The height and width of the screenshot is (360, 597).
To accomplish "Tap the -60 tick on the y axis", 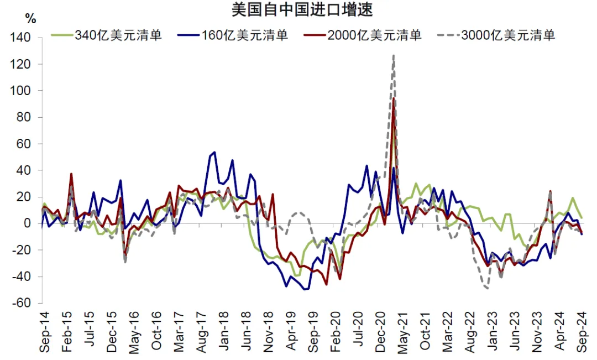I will pyautogui.click(x=25, y=304).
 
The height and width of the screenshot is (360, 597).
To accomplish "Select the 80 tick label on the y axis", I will pyautogui.click(x=28, y=118).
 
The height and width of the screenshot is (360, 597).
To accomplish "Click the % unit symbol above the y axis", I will pyautogui.click(x=31, y=19).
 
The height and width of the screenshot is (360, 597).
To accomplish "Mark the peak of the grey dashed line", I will pyautogui.click(x=393, y=55).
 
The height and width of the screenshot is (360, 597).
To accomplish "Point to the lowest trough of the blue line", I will pyautogui.click(x=305, y=289).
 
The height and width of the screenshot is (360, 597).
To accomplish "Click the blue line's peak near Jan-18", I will pyautogui.click(x=214, y=152).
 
